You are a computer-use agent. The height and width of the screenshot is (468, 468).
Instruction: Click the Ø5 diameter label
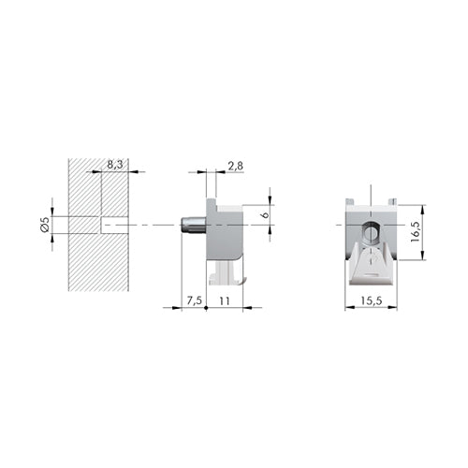click(x=45, y=225)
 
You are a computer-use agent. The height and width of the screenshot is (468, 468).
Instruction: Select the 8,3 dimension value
click(x=115, y=165)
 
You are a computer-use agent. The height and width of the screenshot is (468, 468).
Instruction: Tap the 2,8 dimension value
click(x=236, y=166)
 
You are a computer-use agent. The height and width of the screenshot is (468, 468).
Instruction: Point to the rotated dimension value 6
click(x=266, y=214)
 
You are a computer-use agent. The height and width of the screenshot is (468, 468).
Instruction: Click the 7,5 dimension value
click(x=195, y=300)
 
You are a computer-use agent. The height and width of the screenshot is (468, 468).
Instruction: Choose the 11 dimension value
click(x=225, y=300)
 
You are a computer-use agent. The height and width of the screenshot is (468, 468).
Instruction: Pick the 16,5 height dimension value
click(x=416, y=232)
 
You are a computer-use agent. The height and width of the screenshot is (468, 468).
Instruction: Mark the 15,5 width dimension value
click(x=372, y=300)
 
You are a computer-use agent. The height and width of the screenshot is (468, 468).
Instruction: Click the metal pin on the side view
click(x=194, y=225)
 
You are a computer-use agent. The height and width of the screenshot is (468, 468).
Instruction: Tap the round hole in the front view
click(x=371, y=232)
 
